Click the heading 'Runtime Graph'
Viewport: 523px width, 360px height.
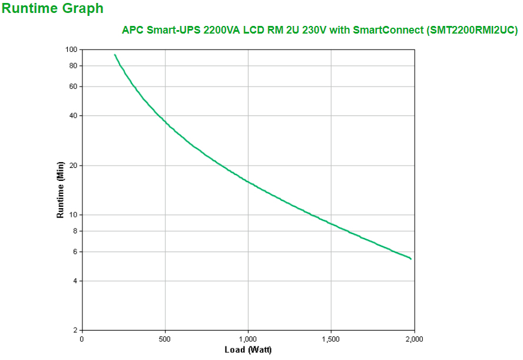(x=53, y=8)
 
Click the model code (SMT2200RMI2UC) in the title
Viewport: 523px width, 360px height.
(x=471, y=30)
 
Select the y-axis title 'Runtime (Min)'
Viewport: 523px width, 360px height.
(x=60, y=190)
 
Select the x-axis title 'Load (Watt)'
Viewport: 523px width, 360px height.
(x=248, y=350)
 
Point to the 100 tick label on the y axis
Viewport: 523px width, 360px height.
(x=71, y=49)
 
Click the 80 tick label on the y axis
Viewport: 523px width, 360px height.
(x=73, y=65)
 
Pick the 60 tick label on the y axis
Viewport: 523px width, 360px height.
(x=73, y=87)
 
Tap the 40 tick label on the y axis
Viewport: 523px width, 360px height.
(x=73, y=115)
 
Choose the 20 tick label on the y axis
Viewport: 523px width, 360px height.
(x=73, y=166)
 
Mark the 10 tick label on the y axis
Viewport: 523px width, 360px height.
(x=73, y=214)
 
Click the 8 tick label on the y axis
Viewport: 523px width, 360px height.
(x=75, y=231)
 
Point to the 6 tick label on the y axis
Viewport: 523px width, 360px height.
(x=75, y=252)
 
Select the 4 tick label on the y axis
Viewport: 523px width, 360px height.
(x=75, y=280)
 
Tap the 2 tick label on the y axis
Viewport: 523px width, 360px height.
(x=75, y=330)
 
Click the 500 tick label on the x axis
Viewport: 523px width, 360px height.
(x=165, y=339)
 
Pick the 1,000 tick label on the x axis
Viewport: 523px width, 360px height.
(x=248, y=339)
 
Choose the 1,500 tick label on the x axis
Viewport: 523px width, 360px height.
(x=331, y=339)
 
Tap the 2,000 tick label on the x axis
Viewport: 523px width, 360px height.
(x=414, y=339)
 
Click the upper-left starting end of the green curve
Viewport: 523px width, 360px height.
(x=115, y=55)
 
